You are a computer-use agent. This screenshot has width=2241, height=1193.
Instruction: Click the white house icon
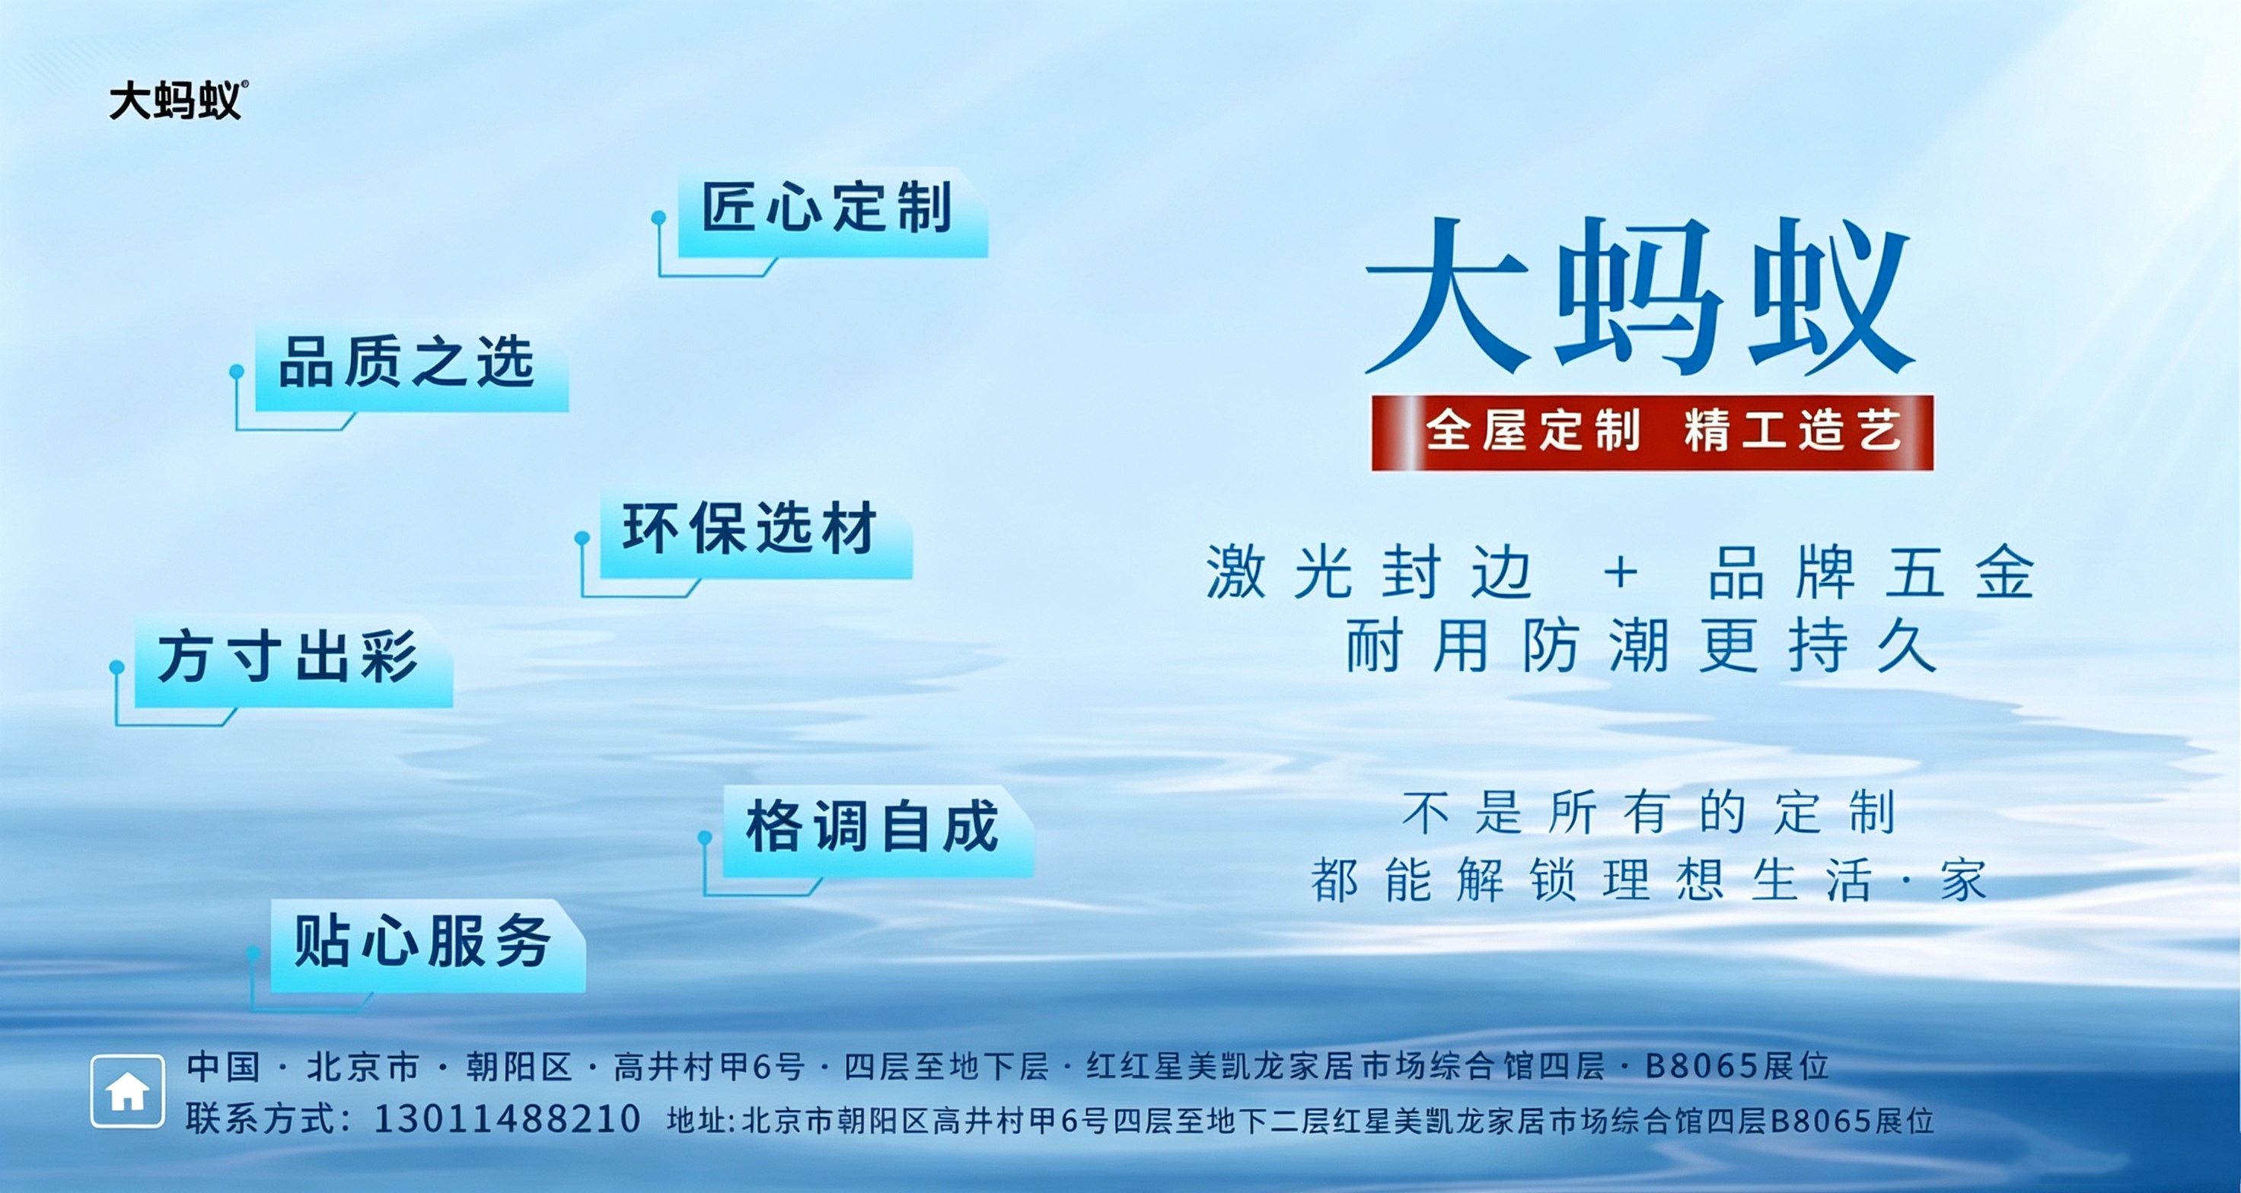[x=127, y=1091]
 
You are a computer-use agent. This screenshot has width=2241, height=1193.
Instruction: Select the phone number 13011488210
[x=507, y=1119]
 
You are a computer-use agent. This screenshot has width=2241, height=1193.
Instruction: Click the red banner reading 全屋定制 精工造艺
[x=1652, y=433]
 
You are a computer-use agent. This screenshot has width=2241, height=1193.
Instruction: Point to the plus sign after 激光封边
[x=1621, y=573]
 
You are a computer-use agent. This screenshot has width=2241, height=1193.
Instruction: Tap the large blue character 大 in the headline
[x=1449, y=296]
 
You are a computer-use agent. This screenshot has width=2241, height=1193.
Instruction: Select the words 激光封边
[x=1369, y=572]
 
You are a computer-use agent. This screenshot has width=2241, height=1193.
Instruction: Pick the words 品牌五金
[x=1871, y=572]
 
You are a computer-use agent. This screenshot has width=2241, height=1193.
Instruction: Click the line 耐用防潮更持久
[x=1642, y=645]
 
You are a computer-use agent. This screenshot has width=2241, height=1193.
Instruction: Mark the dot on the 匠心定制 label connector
[x=658, y=217]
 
